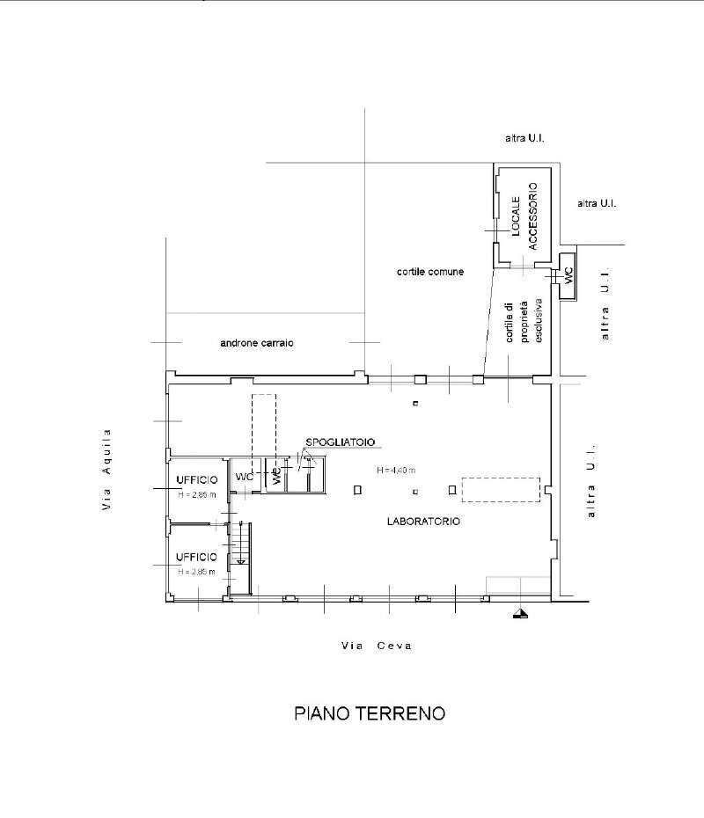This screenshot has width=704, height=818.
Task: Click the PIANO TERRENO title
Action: [370, 713]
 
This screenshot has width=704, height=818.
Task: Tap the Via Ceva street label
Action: [377, 646]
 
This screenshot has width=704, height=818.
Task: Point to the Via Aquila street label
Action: [107, 470]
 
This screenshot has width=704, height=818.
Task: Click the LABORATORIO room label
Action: [423, 522]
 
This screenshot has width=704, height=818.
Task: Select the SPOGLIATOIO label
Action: [334, 442]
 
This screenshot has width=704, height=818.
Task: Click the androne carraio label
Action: [256, 343]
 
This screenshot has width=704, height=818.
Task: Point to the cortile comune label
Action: [430, 273]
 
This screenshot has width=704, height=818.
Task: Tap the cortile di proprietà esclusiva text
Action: [521, 326]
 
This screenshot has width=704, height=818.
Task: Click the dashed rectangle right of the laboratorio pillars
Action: [501, 490]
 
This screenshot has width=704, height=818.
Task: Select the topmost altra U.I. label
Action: [526, 138]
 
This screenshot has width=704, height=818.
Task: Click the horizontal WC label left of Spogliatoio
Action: [242, 477]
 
